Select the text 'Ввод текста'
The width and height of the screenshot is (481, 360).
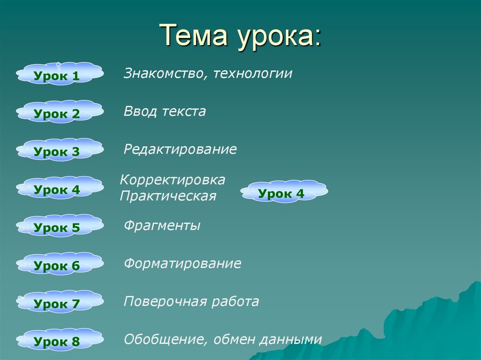[x=165, y=112]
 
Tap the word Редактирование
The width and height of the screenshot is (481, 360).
[x=180, y=150]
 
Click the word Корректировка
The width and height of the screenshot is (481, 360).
[x=173, y=180]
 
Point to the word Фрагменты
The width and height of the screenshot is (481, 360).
[x=162, y=226]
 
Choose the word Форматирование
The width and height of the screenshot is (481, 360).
[x=182, y=264]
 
